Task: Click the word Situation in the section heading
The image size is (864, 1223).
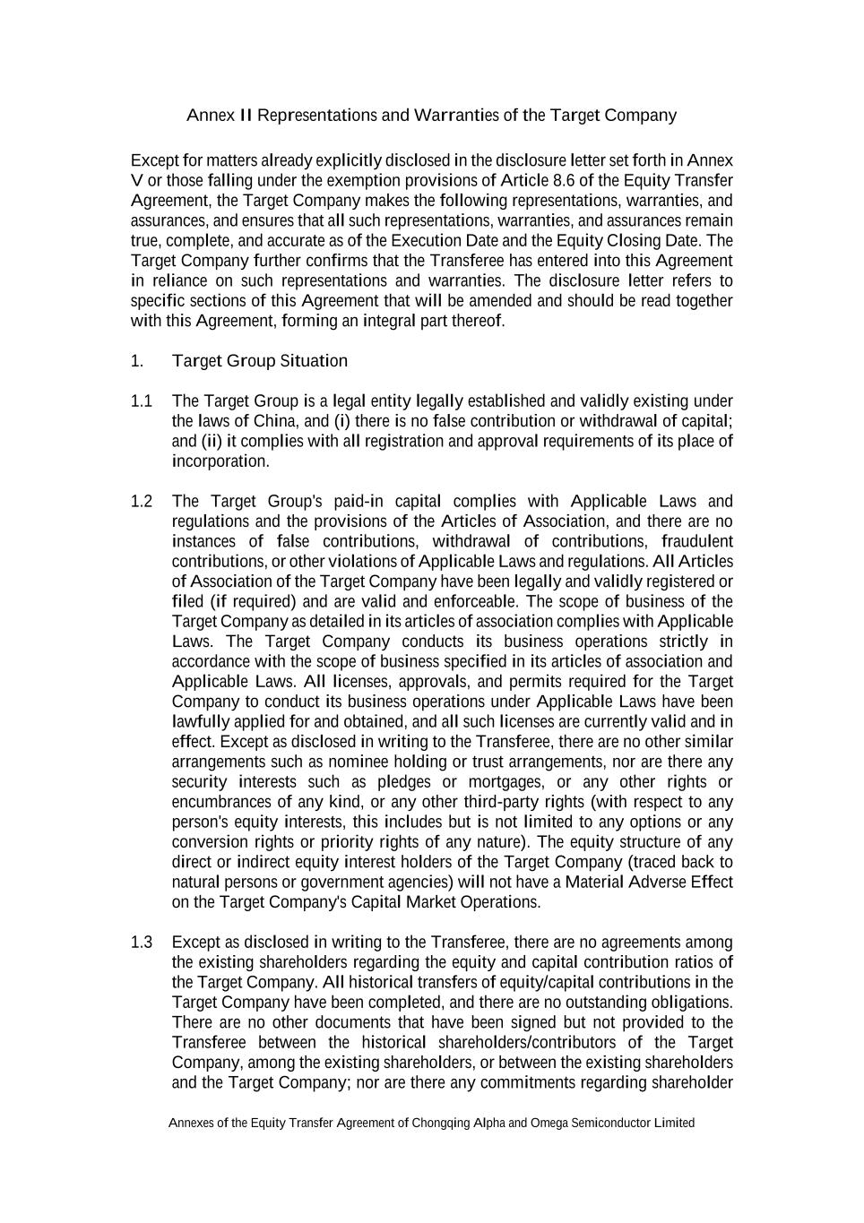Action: click(x=314, y=361)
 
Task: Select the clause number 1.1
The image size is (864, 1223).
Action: click(x=142, y=401)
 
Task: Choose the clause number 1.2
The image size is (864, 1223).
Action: click(x=142, y=502)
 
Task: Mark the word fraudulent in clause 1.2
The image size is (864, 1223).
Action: click(x=696, y=541)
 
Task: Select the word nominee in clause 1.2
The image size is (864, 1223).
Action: click(x=360, y=762)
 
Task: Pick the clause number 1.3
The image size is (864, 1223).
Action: click(x=142, y=943)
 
